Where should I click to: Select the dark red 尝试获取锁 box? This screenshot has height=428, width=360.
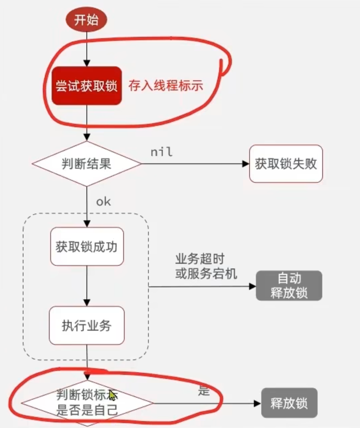(87, 86)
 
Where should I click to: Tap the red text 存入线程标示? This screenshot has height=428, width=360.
(166, 85)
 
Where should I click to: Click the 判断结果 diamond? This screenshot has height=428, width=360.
(87, 164)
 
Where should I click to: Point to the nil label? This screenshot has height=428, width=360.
(161, 152)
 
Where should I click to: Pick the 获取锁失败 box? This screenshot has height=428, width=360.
(286, 163)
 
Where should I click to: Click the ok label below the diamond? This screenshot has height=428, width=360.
(103, 201)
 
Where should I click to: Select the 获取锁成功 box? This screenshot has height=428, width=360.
(87, 246)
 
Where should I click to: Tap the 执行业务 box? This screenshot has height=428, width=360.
(87, 325)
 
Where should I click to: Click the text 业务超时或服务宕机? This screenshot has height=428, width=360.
(206, 266)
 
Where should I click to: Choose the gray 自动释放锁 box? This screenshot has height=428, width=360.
(289, 286)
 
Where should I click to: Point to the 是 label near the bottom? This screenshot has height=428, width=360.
(204, 391)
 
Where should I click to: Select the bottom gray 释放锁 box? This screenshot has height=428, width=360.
(289, 403)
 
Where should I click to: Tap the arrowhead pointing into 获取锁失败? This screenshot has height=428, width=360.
(245, 164)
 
